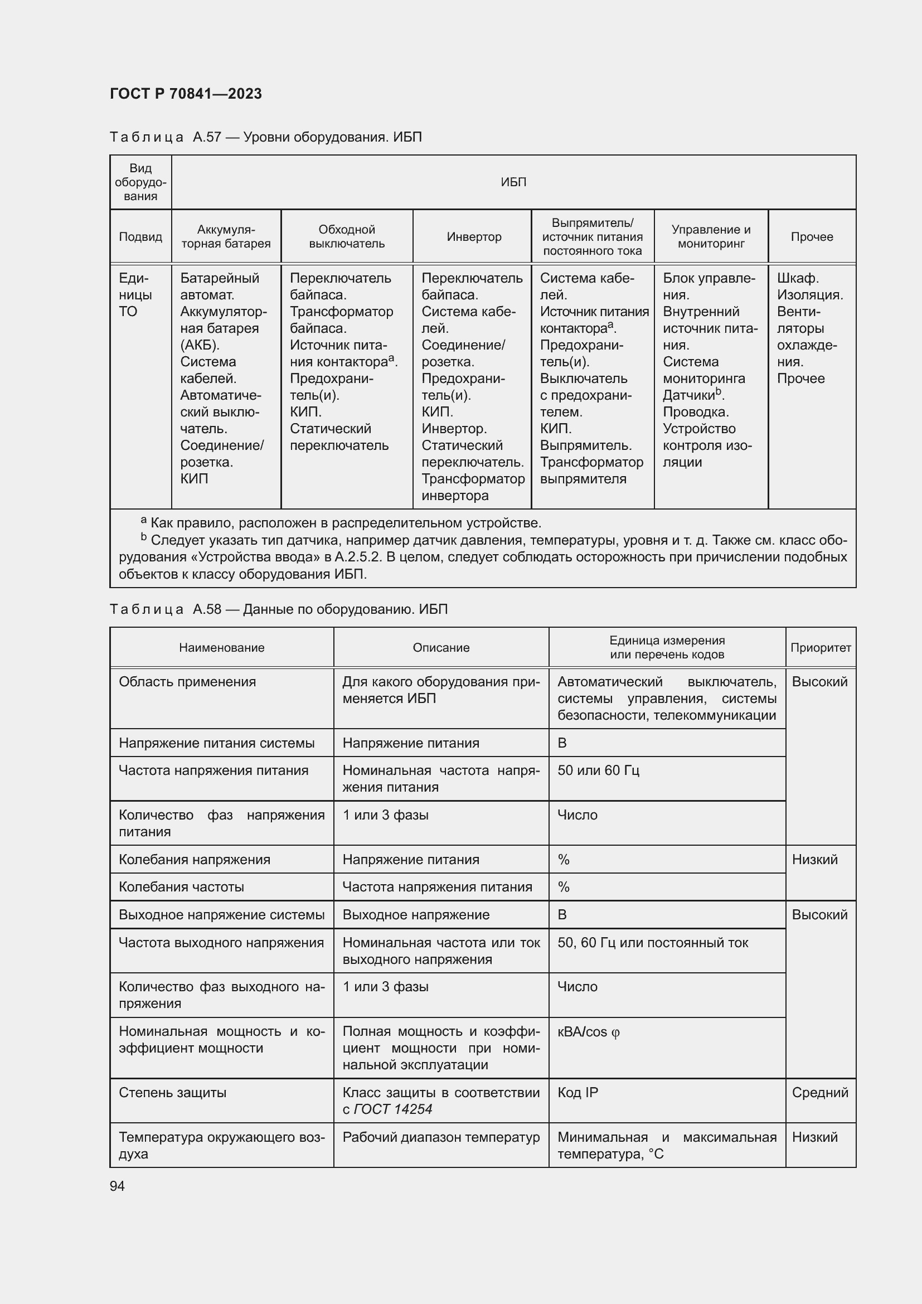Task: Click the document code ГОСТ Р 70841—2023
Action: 186,94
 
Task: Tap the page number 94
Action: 117,1186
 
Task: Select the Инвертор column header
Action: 473,237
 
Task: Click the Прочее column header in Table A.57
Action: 811,237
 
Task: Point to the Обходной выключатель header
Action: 346,237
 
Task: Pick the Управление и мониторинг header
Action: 711,237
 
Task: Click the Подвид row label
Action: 140,237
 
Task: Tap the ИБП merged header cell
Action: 513,182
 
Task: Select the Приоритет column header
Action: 821,647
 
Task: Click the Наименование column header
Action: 221,647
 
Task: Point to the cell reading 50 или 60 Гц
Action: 598,770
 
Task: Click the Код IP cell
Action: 578,1092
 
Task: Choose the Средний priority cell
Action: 820,1092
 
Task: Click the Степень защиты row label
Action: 173,1092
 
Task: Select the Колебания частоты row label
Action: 181,886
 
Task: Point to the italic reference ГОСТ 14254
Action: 392,1109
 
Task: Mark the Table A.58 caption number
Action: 207,609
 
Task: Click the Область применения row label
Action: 187,681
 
